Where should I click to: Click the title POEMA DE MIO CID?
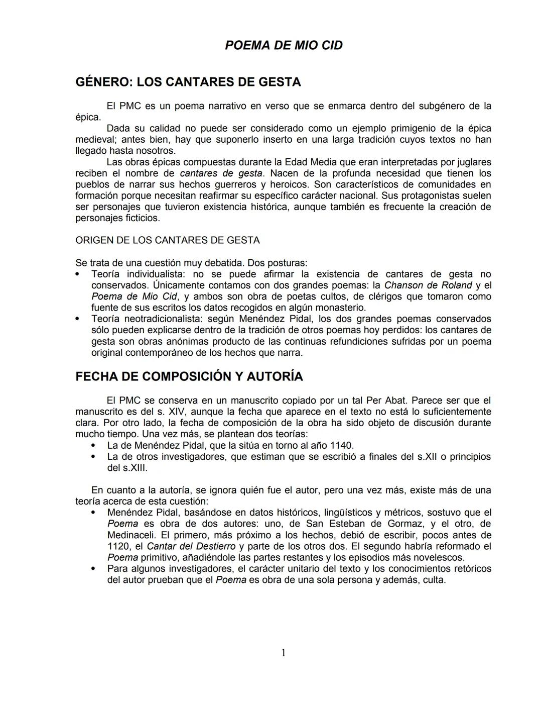pyautogui.click(x=284, y=45)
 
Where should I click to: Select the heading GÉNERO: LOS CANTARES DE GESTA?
pyautogui.click(x=188, y=82)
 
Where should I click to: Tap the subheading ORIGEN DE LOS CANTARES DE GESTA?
pyautogui.click(x=168, y=240)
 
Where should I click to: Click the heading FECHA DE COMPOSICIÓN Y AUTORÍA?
pyautogui.click(x=189, y=376)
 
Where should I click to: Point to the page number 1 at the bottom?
pyautogui.click(x=284, y=653)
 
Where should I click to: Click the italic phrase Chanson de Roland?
pyautogui.click(x=428, y=285)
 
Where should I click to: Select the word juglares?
pyautogui.click(x=469, y=162)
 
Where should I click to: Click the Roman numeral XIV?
pyautogui.click(x=176, y=412)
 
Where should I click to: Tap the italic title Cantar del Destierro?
pyautogui.click(x=191, y=546)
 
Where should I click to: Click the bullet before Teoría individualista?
pyautogui.click(x=77, y=274)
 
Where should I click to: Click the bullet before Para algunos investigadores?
pyautogui.click(x=93, y=569)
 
